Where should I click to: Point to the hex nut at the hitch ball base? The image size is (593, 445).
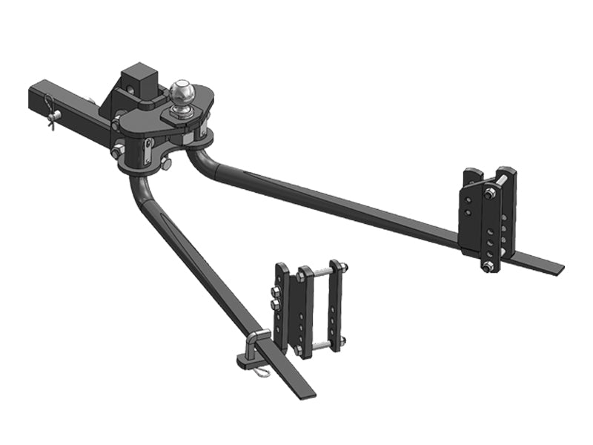pyautogui.click(x=182, y=111)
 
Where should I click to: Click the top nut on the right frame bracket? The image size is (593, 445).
pyautogui.click(x=491, y=194)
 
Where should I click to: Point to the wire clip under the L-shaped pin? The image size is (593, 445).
pyautogui.click(x=261, y=372)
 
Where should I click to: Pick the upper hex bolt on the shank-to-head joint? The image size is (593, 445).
pyautogui.click(x=116, y=126)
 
